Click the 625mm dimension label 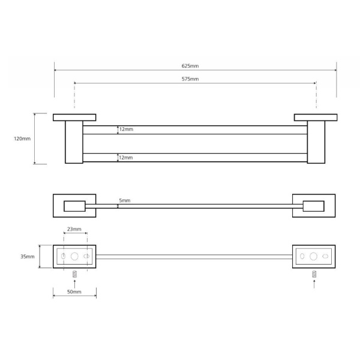click(x=190, y=66)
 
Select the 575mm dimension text click(x=190, y=79)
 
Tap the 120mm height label click(x=22, y=139)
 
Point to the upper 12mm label click(x=126, y=129)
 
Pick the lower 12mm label click(x=126, y=158)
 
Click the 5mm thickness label click(x=125, y=200)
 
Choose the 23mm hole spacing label click(x=74, y=229)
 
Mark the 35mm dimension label click(x=28, y=257)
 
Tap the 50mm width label click(x=74, y=292)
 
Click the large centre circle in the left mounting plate click(x=74, y=256)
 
